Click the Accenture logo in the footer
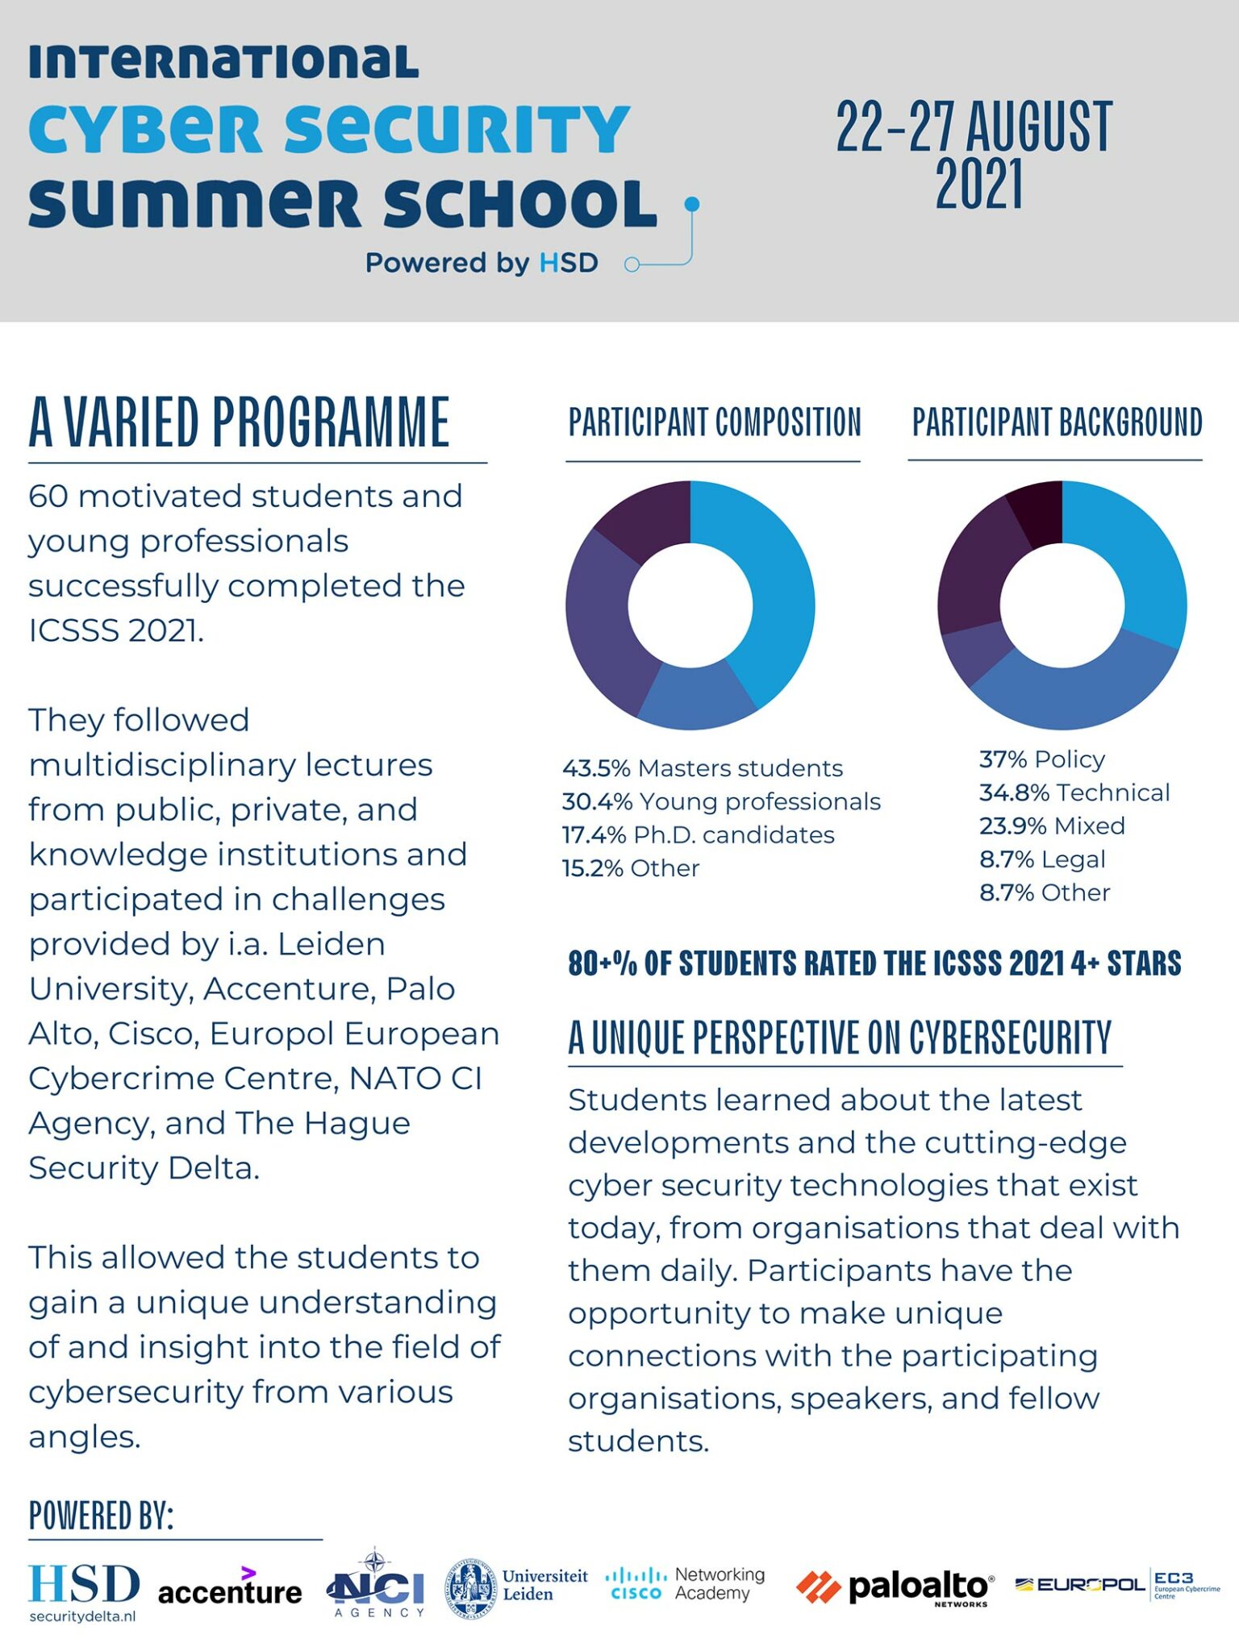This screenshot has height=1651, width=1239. (230, 1591)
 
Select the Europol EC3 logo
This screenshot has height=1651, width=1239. (1117, 1586)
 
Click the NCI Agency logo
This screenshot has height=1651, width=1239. (376, 1587)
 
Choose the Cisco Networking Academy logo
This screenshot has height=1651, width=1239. (685, 1584)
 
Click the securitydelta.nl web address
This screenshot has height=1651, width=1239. (82, 1616)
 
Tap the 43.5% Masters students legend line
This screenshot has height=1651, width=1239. (702, 768)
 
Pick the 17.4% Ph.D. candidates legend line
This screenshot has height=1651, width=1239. (698, 835)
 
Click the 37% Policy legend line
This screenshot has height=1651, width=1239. (1041, 759)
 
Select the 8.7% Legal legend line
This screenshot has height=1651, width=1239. (1041, 859)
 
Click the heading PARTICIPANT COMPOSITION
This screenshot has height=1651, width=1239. (715, 422)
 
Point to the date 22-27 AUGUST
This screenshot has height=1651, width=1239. (974, 127)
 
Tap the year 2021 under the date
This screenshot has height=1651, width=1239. (978, 185)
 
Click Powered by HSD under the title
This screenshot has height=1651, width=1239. (482, 263)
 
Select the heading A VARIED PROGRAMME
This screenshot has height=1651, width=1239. (239, 422)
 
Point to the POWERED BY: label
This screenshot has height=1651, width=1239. (101, 1516)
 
